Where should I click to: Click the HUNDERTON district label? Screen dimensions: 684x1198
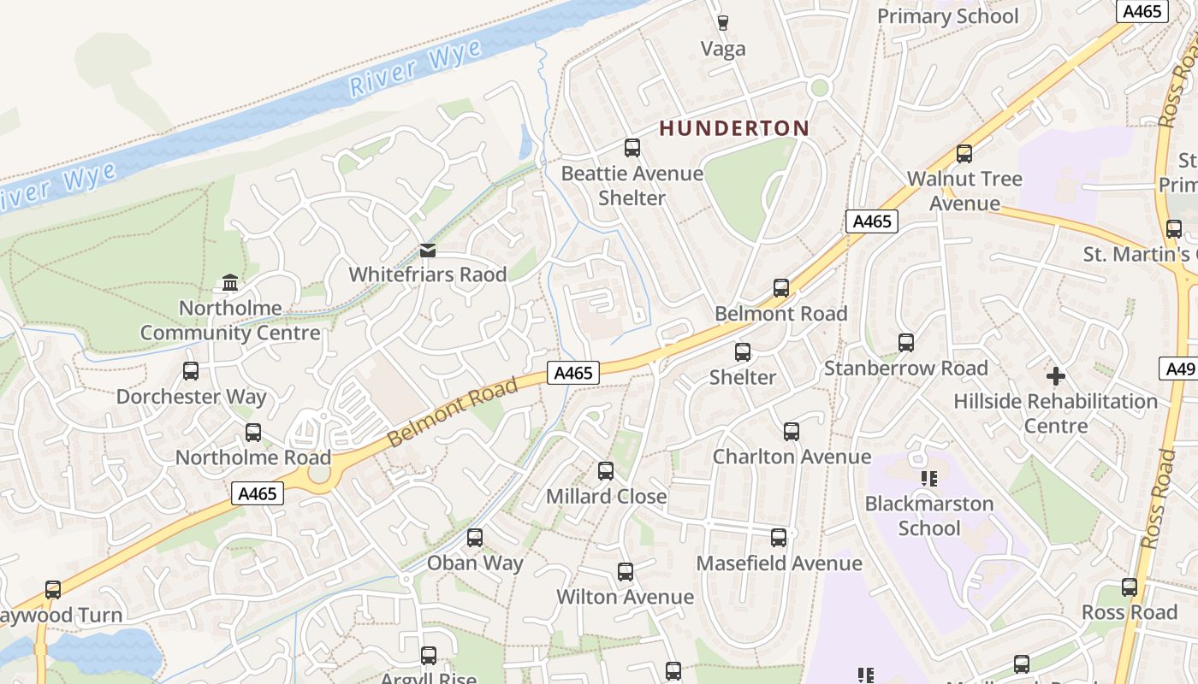(733, 128)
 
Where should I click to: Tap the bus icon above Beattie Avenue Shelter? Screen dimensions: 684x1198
(632, 148)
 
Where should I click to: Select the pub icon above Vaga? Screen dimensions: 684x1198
(723, 22)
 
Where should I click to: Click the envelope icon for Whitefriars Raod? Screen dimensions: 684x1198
(428, 250)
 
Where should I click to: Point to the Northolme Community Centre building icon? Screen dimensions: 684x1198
(230, 282)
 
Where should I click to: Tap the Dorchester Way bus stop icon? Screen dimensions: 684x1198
(191, 371)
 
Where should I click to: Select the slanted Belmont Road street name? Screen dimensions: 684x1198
(453, 412)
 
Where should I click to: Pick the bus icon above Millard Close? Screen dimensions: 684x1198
(606, 470)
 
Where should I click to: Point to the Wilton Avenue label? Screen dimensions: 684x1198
(625, 597)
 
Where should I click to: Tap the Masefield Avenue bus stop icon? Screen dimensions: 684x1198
(779, 538)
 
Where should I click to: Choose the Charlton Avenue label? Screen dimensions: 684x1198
(792, 457)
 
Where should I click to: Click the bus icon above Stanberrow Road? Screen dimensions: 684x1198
(906, 343)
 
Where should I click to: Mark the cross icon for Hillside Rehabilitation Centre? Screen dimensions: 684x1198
(1056, 375)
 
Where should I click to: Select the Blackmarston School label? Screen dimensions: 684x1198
(928, 516)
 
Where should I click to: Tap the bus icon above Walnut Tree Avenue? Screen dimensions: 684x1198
(964, 154)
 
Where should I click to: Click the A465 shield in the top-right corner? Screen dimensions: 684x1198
(1143, 11)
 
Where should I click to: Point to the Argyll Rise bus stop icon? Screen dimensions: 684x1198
(429, 656)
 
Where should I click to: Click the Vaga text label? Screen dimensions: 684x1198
(723, 49)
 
